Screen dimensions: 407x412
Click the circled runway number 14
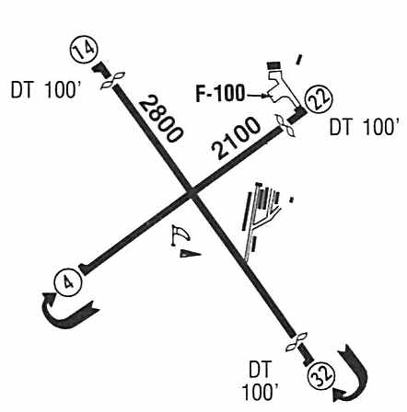(x=84, y=51)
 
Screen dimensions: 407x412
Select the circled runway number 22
(x=320, y=99)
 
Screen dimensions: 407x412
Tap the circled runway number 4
(x=68, y=282)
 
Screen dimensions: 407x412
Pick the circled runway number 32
(x=321, y=375)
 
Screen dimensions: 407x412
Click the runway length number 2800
(x=161, y=119)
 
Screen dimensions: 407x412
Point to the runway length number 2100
(x=236, y=138)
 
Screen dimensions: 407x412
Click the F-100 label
(x=220, y=94)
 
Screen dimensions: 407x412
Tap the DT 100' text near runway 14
(x=46, y=90)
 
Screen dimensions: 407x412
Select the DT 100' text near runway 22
(x=365, y=127)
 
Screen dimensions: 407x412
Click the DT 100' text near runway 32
(x=261, y=381)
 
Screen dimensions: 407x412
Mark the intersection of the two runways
(x=192, y=192)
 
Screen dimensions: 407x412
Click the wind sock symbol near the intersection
(x=180, y=235)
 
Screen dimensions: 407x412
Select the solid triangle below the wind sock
(x=190, y=254)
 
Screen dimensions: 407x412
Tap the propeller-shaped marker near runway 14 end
(x=112, y=81)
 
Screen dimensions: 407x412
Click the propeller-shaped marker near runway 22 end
(x=285, y=126)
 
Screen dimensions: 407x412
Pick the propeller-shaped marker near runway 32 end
(x=297, y=342)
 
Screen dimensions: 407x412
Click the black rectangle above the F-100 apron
(x=273, y=65)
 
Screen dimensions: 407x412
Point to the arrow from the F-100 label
(x=257, y=96)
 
